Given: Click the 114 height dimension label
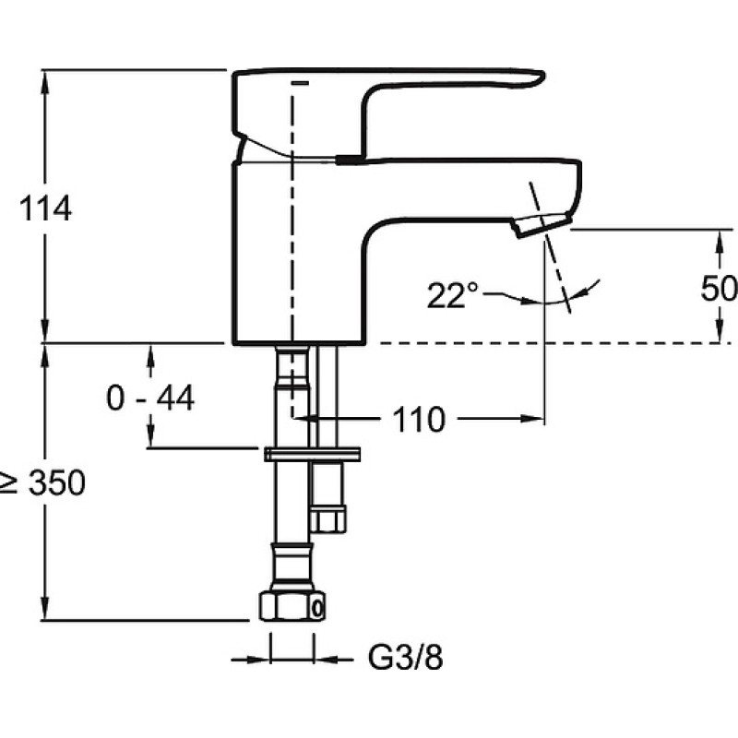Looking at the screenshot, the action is coord(45,208).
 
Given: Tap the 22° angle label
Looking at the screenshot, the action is coord(452,295).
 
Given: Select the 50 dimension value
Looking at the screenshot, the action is coord(719,288).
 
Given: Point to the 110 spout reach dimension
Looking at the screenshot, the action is coord(419,419).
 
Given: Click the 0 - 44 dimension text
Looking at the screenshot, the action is coord(150,398).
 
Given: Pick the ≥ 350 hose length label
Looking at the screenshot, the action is coord(43,482).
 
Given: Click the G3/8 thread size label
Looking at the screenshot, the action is coord(405,657).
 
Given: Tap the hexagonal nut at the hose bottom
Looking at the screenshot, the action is coord(292,606).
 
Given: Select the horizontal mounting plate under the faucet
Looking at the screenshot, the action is coord(312,454).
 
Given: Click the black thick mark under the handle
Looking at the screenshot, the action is coord(351,160).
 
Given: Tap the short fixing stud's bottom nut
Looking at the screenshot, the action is coord(327,519).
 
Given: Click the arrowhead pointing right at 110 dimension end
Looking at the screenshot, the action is coord(532,418).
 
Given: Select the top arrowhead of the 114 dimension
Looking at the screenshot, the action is coord(45,81).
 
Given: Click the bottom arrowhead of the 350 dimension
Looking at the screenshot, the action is coord(44,609).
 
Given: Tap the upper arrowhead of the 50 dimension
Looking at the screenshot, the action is coord(720,242).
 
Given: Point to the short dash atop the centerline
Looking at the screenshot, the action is coord(301,83).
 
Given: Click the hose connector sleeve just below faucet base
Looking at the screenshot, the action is coord(292,366).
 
